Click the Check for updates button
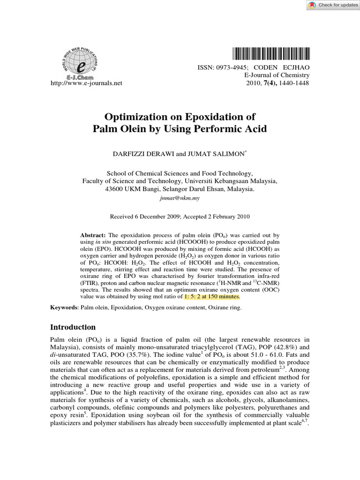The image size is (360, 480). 333,5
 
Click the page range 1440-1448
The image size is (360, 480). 295,83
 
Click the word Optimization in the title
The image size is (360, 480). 141,116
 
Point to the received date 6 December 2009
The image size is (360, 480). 154,217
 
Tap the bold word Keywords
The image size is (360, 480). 64,307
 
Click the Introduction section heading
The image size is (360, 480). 73,327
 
